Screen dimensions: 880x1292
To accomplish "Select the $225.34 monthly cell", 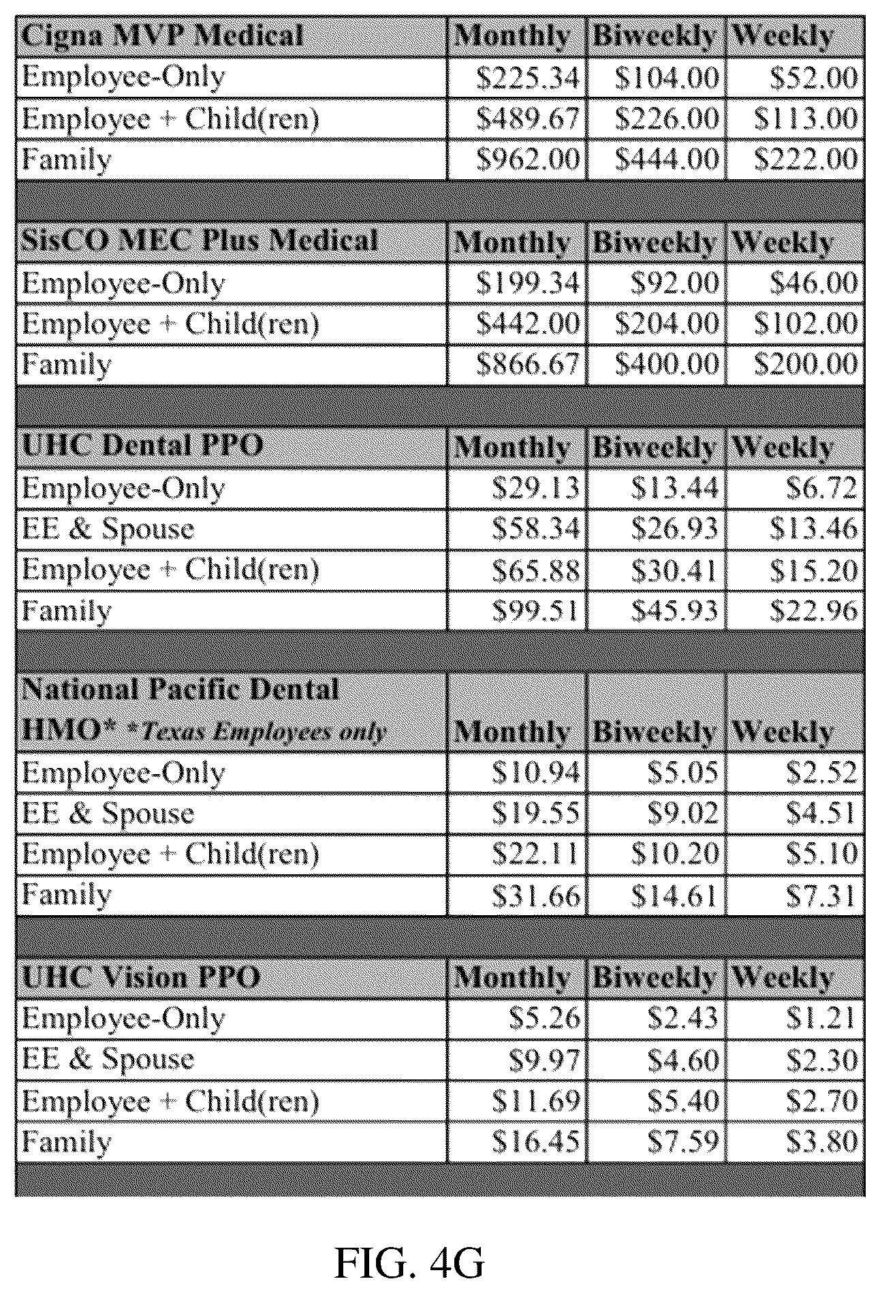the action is click(x=528, y=78).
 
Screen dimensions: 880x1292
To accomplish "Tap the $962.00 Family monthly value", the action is click(x=528, y=159).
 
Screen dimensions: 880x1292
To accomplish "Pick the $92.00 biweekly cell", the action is click(x=675, y=283).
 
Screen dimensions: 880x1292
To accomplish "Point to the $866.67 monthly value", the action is click(x=528, y=364).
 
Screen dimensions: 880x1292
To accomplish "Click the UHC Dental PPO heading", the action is click(x=142, y=446).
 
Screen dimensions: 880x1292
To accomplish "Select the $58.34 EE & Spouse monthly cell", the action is click(x=536, y=529).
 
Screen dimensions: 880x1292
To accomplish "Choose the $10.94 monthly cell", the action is click(x=536, y=773).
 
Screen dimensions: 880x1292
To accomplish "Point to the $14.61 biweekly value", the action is click(x=675, y=895).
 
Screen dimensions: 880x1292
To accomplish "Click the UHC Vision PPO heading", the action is click(x=141, y=978).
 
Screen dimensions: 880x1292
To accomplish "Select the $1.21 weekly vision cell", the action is click(x=822, y=1019).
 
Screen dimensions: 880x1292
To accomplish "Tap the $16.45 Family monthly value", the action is click(x=536, y=1142).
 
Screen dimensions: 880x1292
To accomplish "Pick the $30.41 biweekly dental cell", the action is click(x=675, y=570).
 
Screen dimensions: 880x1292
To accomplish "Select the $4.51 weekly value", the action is click(x=822, y=814).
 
